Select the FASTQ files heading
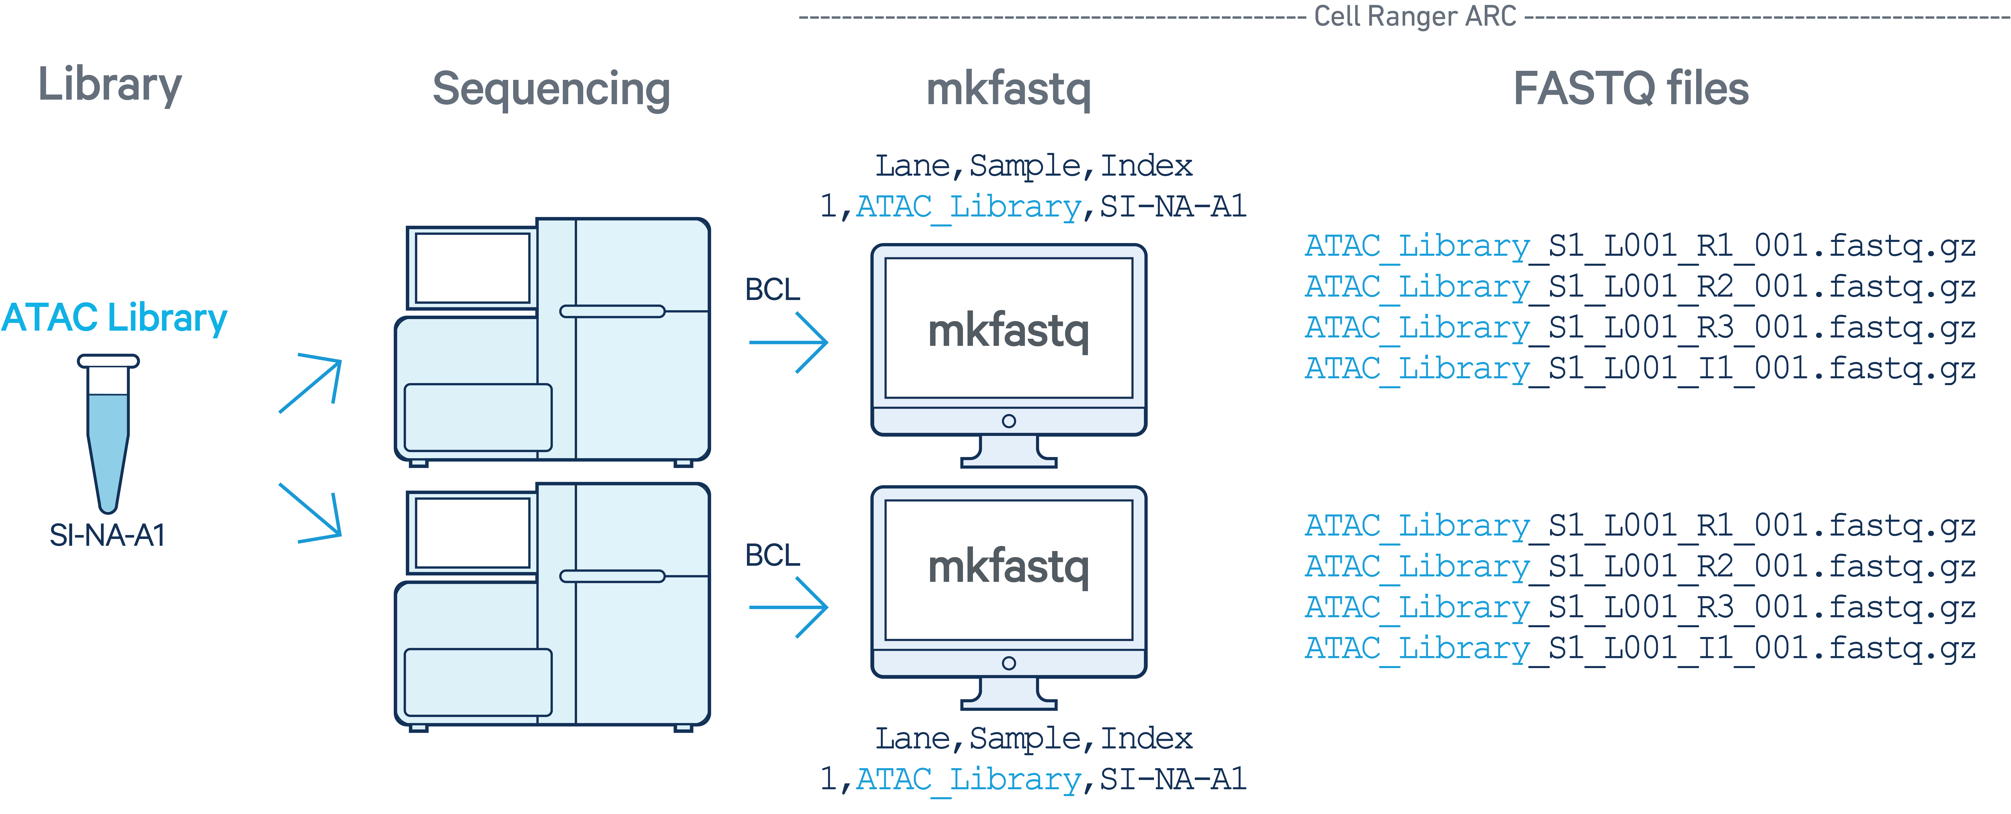pyautogui.click(x=1631, y=88)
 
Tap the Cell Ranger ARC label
pyautogui.click(x=1415, y=16)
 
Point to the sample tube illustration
pyautogui.click(x=108, y=434)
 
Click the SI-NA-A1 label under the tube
pyautogui.click(x=107, y=535)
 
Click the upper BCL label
pyautogui.click(x=772, y=290)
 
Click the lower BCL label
pyautogui.click(x=772, y=556)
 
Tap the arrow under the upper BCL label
pyautogui.click(x=789, y=342)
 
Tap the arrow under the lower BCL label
pyautogui.click(x=789, y=607)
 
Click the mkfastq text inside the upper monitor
pyautogui.click(x=1008, y=331)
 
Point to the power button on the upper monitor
pyautogui.click(x=1009, y=421)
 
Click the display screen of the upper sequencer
pyautogui.click(x=472, y=268)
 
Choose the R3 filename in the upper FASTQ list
pyautogui.click(x=1639, y=328)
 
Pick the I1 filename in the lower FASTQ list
pyautogui.click(x=1639, y=648)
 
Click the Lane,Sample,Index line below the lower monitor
pyautogui.click(x=1033, y=738)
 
